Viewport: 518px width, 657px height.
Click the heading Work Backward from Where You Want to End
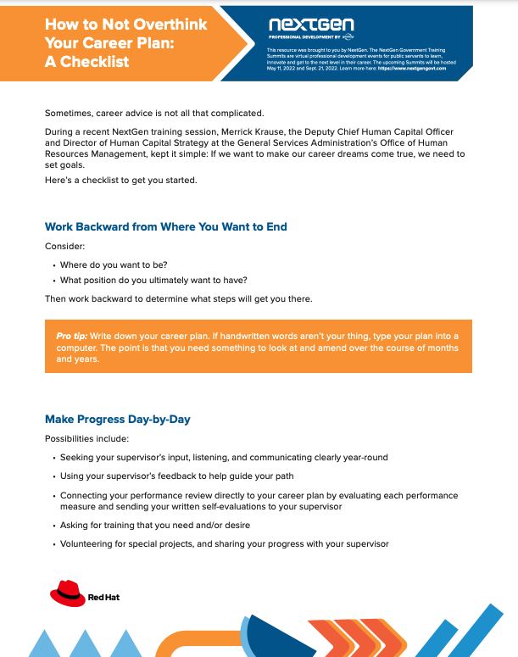tap(165, 226)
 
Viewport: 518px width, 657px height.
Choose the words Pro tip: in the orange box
tap(74, 337)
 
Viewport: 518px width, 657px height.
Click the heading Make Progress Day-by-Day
tap(123, 419)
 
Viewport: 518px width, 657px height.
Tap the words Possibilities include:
tap(86, 438)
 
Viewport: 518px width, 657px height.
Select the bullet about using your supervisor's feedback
tap(177, 476)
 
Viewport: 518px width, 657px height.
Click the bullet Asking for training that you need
tap(155, 525)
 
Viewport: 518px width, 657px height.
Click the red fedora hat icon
tap(65, 591)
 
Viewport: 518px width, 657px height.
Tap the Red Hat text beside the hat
tap(103, 597)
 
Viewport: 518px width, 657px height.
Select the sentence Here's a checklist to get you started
tap(120, 181)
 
